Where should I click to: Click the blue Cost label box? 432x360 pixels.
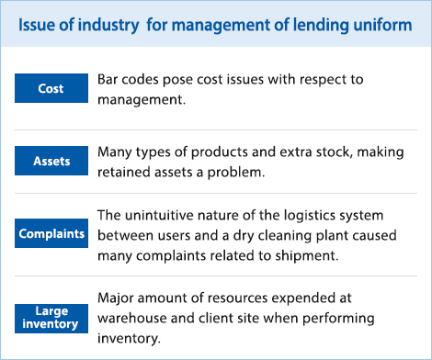(51, 88)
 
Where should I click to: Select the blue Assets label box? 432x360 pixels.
(51, 161)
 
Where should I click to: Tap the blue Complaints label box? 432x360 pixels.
(51, 233)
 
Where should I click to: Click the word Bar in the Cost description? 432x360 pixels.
(108, 80)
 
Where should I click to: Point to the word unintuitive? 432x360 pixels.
(164, 216)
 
